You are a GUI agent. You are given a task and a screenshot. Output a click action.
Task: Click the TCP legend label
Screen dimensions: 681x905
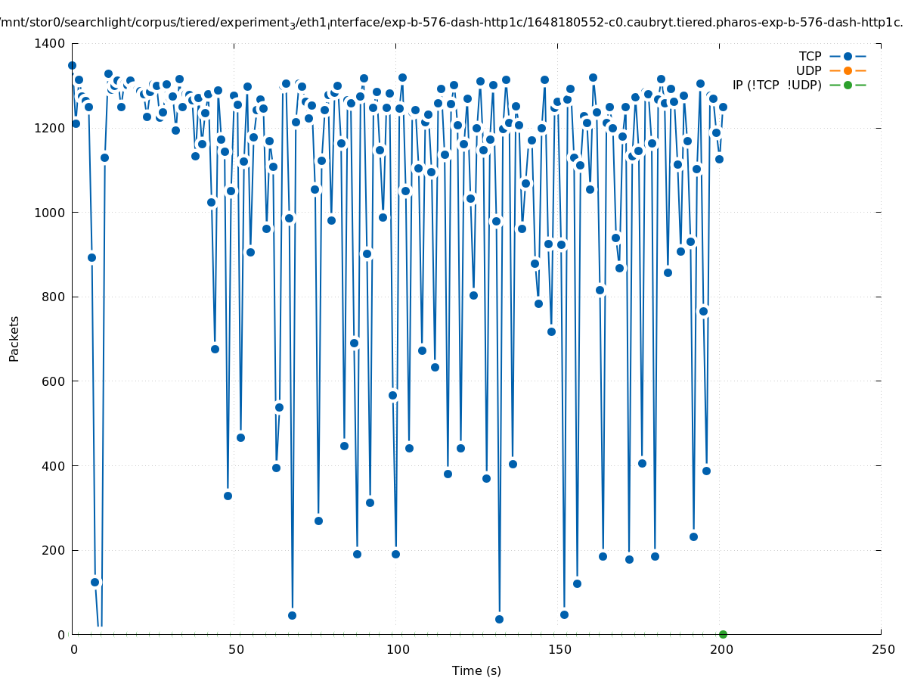810,57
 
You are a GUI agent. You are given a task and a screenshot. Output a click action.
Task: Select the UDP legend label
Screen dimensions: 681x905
808,71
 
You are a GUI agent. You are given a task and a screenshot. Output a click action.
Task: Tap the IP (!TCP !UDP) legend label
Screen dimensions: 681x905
776,86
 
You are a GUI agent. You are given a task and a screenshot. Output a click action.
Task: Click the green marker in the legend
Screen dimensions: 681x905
848,85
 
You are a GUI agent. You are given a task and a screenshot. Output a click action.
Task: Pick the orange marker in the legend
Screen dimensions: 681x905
848,70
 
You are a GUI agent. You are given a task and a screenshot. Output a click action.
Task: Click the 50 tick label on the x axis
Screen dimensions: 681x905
235,650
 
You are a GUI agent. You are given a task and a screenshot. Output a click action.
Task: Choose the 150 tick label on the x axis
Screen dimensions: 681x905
558,650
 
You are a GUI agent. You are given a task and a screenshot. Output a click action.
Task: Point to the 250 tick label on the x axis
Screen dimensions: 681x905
882,650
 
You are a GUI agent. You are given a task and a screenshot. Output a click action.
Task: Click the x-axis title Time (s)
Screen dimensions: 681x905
476,671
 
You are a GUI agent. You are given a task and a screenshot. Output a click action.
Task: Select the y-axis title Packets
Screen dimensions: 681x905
14,339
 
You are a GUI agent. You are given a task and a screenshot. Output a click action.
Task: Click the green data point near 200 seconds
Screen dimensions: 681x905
723,634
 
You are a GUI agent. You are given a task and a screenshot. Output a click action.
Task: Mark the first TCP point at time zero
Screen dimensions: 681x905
72,66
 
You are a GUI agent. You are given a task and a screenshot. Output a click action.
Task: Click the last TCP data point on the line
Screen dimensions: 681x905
723,107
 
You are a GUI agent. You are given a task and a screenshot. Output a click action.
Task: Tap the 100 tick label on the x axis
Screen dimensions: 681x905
397,650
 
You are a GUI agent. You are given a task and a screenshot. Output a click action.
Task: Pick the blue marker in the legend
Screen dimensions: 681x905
848,56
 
